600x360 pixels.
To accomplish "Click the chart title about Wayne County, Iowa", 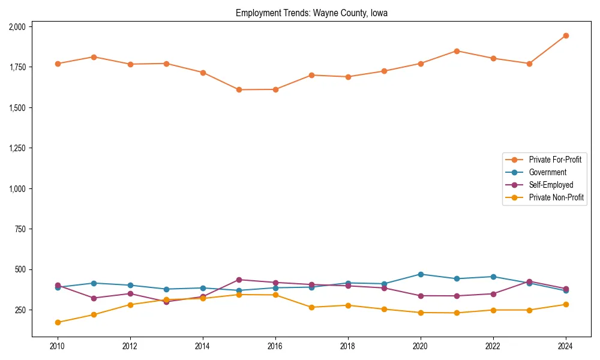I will [x=311, y=13].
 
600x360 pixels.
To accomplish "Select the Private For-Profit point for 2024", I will [x=566, y=36].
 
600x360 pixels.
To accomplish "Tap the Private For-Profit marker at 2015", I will [x=239, y=90].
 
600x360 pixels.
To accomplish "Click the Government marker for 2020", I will [x=421, y=274].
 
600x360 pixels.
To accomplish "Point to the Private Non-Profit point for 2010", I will [x=58, y=322].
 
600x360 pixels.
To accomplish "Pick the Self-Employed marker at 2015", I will [x=239, y=280].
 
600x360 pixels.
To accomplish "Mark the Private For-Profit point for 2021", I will [x=457, y=51].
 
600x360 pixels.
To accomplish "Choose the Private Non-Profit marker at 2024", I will [x=566, y=304].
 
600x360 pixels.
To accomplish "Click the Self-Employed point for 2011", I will [x=94, y=298].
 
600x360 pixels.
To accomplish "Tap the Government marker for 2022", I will [x=493, y=277].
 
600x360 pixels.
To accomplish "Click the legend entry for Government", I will [x=547, y=172].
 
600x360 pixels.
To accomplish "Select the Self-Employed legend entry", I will [x=551, y=185].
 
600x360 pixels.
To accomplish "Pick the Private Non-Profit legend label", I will [x=556, y=197].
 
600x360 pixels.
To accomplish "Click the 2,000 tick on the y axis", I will [x=17, y=26].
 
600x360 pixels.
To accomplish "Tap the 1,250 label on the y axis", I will [x=17, y=148].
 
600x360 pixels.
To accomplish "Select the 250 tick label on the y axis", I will [x=20, y=310].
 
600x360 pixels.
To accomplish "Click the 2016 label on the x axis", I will [x=275, y=346].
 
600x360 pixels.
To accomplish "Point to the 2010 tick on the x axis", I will [x=58, y=346].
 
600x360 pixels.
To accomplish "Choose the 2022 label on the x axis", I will [x=493, y=346].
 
